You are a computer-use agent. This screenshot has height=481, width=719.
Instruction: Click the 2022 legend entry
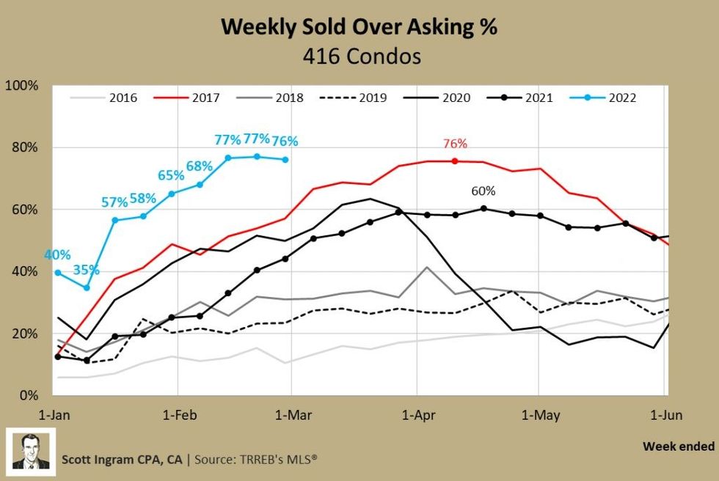coord(602,98)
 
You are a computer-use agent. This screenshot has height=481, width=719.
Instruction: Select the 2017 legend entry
coord(186,98)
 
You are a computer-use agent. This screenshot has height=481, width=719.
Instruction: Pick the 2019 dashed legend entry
coord(353,98)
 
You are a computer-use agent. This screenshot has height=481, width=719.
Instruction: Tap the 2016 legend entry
coord(103,98)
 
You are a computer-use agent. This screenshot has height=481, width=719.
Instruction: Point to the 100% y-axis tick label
coord(21,86)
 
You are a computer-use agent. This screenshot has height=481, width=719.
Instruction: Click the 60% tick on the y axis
coord(25,210)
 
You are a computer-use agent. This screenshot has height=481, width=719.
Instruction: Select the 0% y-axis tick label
coord(29,395)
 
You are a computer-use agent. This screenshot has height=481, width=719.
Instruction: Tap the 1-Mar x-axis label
coord(293,415)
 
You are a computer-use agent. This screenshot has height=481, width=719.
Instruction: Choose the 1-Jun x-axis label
coord(666,415)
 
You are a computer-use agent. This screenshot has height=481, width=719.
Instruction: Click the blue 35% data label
coord(87,270)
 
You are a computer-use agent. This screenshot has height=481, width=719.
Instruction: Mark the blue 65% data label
coord(171,175)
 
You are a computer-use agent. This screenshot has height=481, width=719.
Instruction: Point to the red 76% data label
coord(455,144)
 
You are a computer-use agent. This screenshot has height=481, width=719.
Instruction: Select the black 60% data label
coord(483,191)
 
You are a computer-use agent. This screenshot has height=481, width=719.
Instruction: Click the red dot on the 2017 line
coord(455,161)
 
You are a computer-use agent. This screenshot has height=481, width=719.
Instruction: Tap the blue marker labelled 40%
coord(58,273)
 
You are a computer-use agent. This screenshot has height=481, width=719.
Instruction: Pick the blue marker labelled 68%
coord(200,185)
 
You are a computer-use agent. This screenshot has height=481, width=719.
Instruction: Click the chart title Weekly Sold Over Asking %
coord(359,27)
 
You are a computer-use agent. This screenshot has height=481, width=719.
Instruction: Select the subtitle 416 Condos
coord(362,56)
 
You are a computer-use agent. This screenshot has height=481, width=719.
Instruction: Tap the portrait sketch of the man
coord(31,452)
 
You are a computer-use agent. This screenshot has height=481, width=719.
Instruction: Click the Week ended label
coord(679,447)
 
